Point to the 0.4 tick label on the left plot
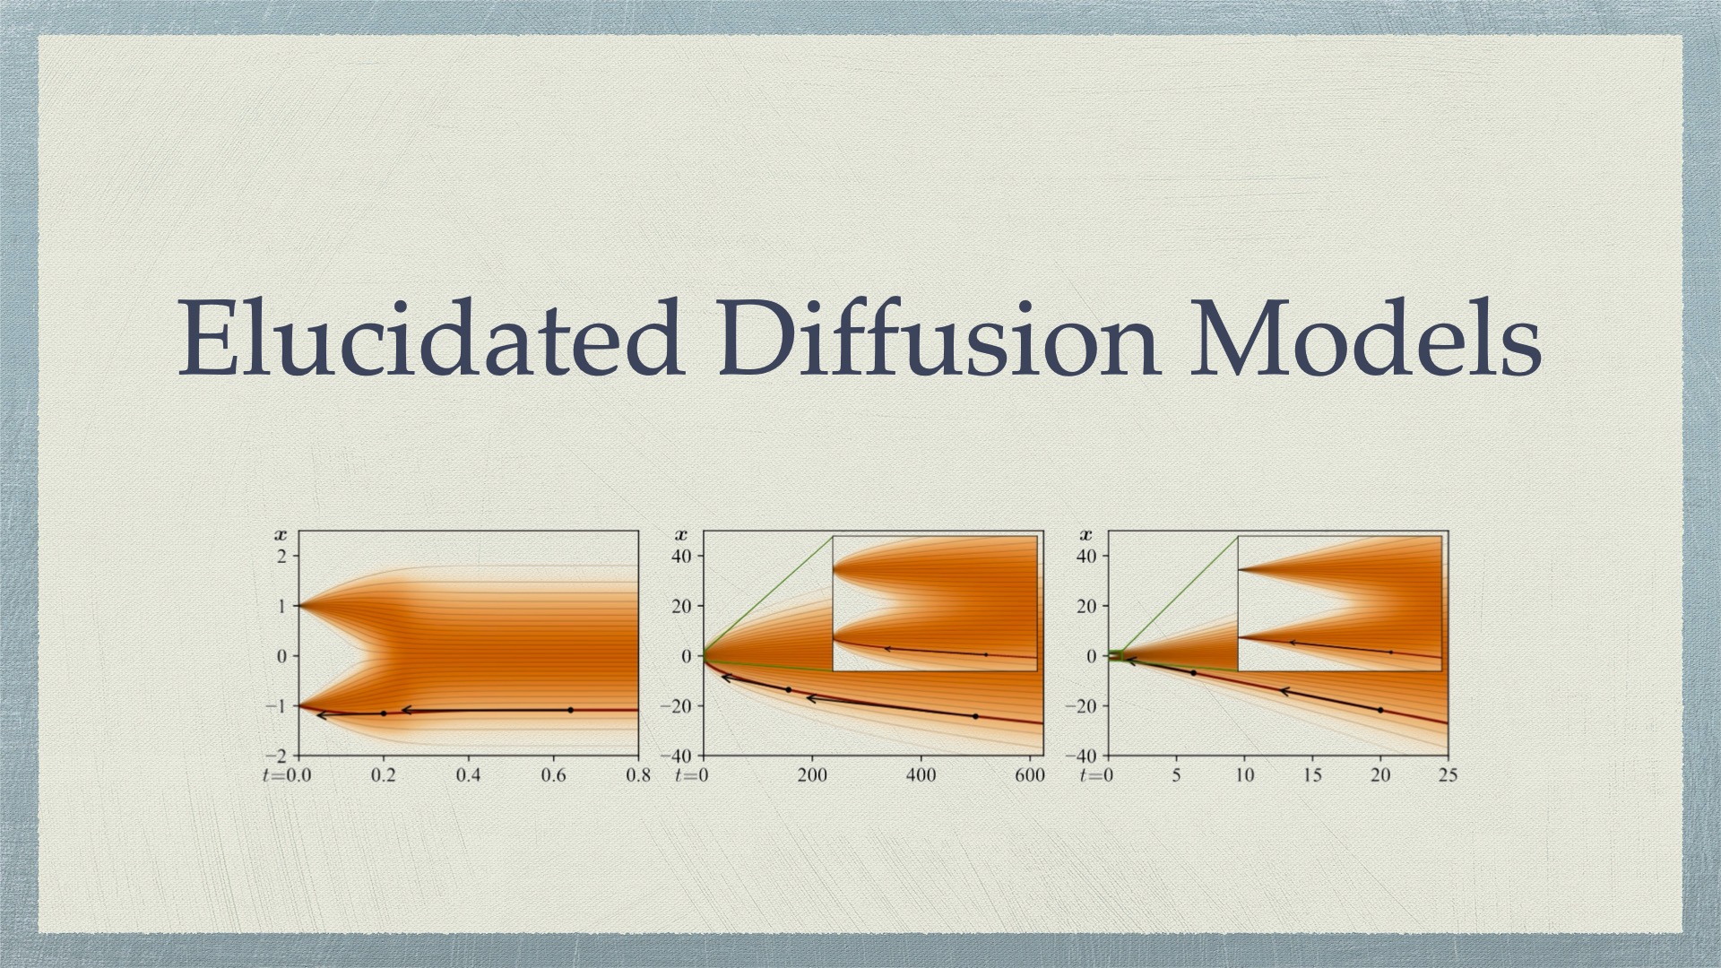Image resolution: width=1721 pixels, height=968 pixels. pos(468,775)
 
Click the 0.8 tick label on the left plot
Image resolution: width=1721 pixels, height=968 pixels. pos(638,775)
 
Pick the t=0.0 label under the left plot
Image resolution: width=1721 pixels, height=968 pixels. pos(286,775)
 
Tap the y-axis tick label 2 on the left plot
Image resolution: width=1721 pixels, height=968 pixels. pos(281,557)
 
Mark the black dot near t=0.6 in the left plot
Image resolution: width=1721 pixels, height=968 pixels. pos(570,710)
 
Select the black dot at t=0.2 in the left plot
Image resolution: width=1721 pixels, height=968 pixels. pos(384,713)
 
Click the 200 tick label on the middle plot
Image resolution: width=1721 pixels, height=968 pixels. pos(812,775)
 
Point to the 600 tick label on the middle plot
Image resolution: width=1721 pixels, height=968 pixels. pos(1031,775)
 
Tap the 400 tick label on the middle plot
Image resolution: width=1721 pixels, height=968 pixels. pos(921,775)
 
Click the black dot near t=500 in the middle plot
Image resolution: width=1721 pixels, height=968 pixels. pos(975,716)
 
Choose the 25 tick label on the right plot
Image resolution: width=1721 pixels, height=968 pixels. pos(1449,775)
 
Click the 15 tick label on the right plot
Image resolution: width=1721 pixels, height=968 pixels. pos(1312,775)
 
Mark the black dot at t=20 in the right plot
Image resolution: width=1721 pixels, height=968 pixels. pos(1380,710)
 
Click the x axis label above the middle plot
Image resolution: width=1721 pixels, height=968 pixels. pos(683,536)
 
